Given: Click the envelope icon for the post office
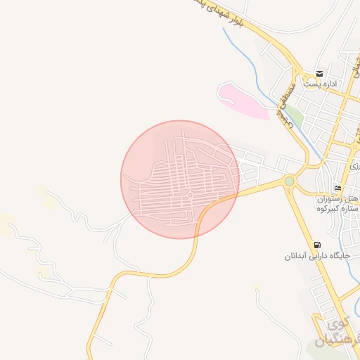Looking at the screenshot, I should pos(320,73).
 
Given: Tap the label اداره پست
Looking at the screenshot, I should pos(321,84).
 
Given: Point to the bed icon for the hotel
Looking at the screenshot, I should pos(338,188).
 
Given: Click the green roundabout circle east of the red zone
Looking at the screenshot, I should pos(289,181).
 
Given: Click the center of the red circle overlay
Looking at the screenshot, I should pos(180,179).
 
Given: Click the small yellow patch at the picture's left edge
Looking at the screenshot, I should pos(6,225).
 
